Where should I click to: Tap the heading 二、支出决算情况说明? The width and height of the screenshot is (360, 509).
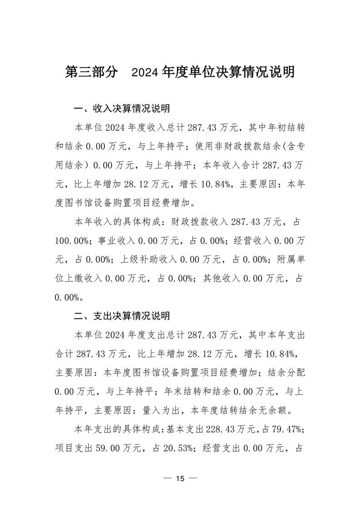point(122,315)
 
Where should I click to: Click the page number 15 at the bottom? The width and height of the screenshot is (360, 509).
point(180,479)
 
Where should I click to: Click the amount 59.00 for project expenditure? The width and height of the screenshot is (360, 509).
point(107,449)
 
